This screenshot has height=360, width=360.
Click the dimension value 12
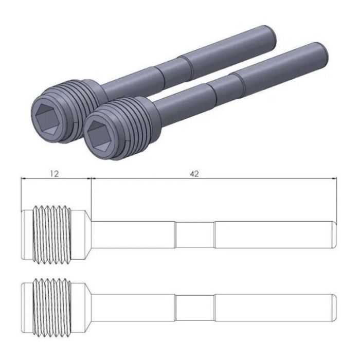(x=55, y=174)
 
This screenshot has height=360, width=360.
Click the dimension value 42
(x=194, y=174)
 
